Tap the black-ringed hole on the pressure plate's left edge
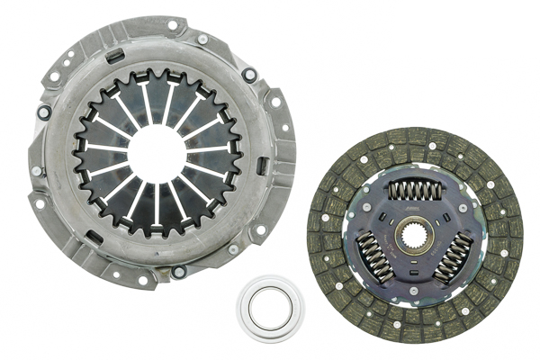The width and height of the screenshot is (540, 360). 43,112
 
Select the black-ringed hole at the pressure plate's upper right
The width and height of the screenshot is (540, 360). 249,76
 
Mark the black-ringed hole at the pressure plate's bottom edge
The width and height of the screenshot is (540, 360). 178,271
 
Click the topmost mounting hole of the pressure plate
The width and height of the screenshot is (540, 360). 172,25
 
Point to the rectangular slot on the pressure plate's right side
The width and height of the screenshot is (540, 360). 260,166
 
